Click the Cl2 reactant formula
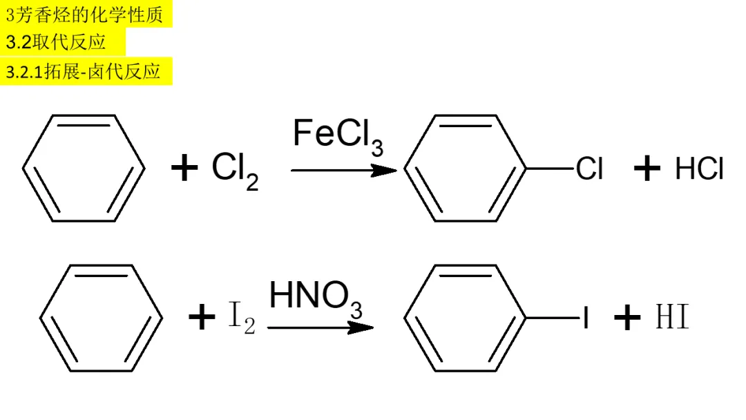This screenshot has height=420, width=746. pyautogui.click(x=235, y=170)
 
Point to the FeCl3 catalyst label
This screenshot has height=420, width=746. pyautogui.click(x=338, y=135)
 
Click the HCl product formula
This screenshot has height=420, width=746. pyautogui.click(x=699, y=169)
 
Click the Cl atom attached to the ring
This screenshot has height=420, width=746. pyautogui.click(x=589, y=169)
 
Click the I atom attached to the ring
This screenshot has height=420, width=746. pyautogui.click(x=586, y=318)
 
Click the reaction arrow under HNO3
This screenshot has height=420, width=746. pyautogui.click(x=320, y=327)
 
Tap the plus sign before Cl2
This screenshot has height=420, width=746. pyautogui.click(x=184, y=169)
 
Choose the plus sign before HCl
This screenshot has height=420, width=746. pyautogui.click(x=647, y=169)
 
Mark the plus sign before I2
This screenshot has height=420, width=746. pyautogui.click(x=202, y=318)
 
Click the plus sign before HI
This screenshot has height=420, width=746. pyautogui.click(x=627, y=318)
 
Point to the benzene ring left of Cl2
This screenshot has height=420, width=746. pyautogui.click(x=84, y=169)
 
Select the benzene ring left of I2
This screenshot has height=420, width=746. pyautogui.click(x=101, y=318)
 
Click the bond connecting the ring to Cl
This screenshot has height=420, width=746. pyautogui.click(x=551, y=169)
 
